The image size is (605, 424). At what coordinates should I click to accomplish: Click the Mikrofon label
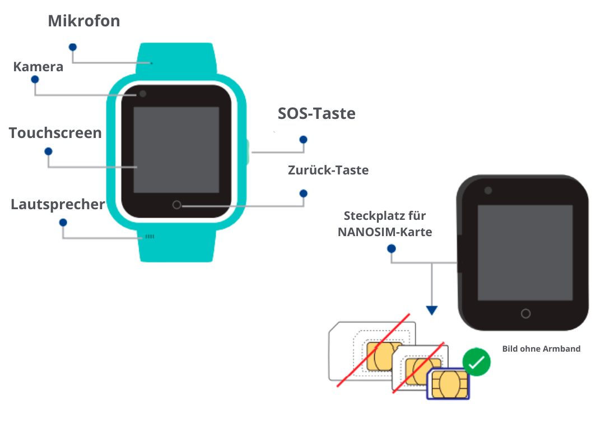click(83, 21)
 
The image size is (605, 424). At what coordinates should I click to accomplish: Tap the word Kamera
click(38, 67)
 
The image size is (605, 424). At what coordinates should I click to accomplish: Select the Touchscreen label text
click(55, 133)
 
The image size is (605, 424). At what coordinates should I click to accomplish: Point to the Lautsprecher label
click(58, 204)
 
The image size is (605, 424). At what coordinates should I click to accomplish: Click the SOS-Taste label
click(317, 113)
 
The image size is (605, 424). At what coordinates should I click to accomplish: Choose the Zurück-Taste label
click(328, 170)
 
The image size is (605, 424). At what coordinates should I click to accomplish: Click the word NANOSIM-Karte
click(385, 232)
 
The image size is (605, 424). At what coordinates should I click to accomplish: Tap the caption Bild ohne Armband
click(541, 349)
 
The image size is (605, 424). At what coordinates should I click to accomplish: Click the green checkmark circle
click(477, 362)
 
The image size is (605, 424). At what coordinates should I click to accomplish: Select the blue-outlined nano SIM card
click(448, 384)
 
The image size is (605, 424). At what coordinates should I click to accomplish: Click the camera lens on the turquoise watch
click(143, 94)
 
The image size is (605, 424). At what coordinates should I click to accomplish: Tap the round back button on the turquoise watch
click(176, 205)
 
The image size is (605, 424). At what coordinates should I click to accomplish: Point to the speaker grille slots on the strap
click(150, 236)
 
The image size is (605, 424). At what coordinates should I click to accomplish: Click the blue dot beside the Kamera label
click(35, 80)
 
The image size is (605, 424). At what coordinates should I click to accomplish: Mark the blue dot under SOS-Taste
click(304, 140)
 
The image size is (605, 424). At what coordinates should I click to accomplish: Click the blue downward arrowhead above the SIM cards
click(432, 310)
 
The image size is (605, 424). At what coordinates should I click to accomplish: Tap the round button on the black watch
click(525, 314)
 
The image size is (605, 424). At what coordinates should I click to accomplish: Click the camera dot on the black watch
click(488, 190)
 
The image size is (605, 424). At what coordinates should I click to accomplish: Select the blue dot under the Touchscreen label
click(48, 151)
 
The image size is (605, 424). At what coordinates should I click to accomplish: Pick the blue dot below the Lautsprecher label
click(63, 223)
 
